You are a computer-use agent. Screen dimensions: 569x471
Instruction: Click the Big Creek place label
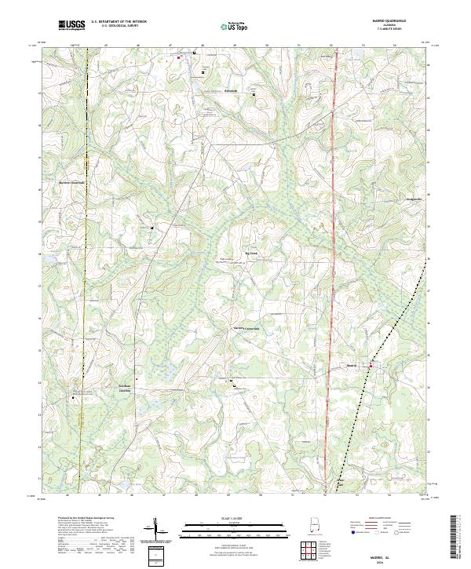pos(251,253)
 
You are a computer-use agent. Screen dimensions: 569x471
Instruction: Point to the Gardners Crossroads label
pos(245,328)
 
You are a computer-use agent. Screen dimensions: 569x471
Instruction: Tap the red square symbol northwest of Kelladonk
pos(179,57)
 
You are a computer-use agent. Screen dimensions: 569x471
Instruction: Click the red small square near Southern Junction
pos(137,381)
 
